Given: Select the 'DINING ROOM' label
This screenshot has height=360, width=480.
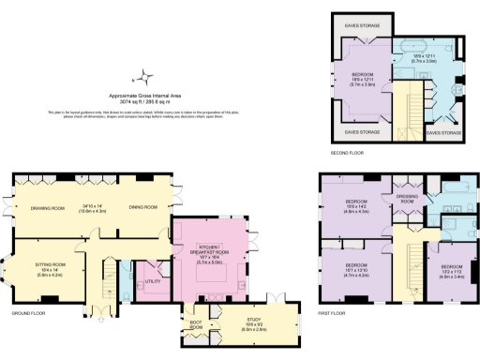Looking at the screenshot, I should coord(142,207).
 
